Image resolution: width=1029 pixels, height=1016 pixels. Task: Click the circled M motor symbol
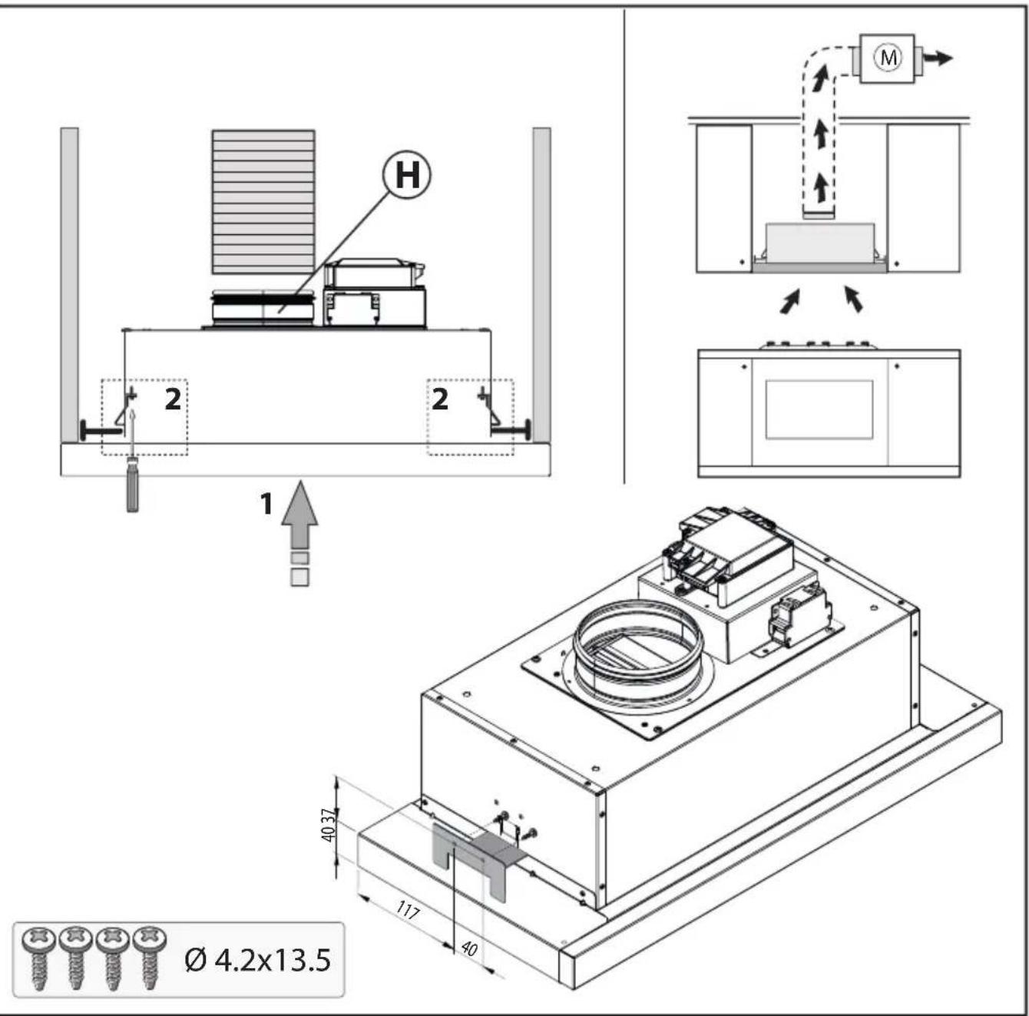(888, 58)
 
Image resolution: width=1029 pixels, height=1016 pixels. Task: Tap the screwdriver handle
(132, 484)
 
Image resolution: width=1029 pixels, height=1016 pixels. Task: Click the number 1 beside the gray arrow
(266, 504)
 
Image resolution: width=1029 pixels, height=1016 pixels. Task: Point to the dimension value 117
(408, 910)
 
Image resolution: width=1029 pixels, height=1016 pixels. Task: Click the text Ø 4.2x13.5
(257, 960)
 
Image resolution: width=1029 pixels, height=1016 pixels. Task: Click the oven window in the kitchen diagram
(819, 410)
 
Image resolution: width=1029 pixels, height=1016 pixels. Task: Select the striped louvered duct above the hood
(263, 202)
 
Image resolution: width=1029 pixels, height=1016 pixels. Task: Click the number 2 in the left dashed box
(173, 399)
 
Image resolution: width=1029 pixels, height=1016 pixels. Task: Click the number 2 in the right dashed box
(439, 399)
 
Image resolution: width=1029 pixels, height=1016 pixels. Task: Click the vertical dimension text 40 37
(329, 826)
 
